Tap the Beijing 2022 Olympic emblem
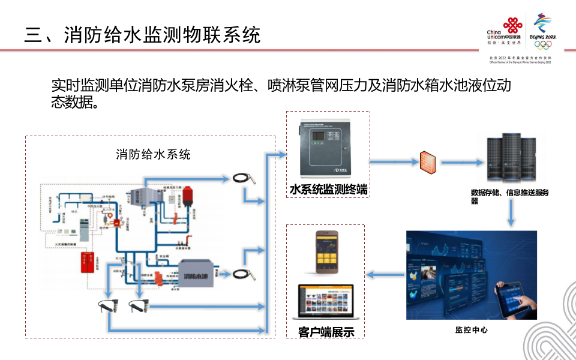coord(544,30)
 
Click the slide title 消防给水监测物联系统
coord(142,34)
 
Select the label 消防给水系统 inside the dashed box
coord(153,154)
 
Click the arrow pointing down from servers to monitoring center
coord(511,215)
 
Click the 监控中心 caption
coord(471,330)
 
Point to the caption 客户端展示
coord(326,332)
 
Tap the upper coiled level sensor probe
coord(247,177)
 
